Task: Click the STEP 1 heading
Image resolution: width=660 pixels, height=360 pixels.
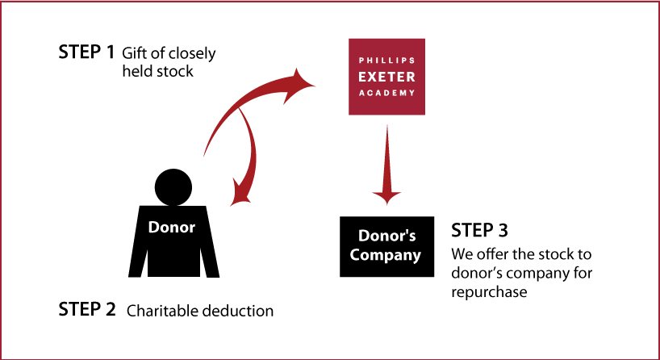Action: point(86,52)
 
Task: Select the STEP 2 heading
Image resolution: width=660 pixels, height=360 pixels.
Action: point(86,309)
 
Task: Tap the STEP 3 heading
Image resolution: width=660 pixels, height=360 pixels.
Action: point(479,230)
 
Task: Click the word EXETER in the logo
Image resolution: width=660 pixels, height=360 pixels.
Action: point(386,77)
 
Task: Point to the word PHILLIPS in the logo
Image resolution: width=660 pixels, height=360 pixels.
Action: point(386,61)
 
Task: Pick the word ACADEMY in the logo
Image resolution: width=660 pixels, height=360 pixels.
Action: point(386,93)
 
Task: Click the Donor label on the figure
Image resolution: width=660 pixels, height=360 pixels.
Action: point(172,228)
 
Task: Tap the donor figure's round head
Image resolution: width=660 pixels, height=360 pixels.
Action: point(173,187)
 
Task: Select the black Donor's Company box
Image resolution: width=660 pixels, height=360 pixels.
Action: point(386,247)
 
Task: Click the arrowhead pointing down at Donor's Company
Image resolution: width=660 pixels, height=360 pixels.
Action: point(386,197)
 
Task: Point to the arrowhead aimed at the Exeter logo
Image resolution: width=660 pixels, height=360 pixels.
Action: point(299,83)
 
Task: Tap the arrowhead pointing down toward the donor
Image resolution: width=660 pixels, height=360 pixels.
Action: point(240,195)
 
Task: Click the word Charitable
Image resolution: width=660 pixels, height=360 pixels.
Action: point(162,311)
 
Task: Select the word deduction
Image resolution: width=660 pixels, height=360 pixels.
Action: point(238,311)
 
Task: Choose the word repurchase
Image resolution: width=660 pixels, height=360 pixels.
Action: point(489,292)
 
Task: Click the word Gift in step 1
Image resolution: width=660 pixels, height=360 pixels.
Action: point(132,53)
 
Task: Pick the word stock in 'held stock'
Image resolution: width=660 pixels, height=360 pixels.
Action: point(176,71)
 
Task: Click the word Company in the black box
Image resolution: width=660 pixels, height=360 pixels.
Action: point(385,256)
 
